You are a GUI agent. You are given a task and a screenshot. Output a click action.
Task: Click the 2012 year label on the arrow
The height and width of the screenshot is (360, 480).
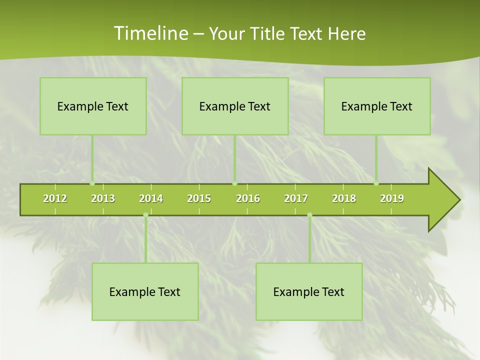pos(55,198)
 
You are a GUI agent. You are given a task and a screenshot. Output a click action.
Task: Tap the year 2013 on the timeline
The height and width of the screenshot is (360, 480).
pos(103,198)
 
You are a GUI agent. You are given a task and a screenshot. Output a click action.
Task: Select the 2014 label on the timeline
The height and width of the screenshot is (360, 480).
pos(151,198)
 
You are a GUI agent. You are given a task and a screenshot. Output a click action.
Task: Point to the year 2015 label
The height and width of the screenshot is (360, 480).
pos(199,198)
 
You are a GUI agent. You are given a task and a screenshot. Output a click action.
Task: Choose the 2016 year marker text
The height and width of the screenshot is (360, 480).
pos(248,198)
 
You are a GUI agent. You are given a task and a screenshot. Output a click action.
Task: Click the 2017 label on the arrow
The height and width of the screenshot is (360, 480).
pos(296,198)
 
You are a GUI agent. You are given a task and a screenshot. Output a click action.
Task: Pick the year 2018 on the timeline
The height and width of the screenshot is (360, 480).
pos(344,198)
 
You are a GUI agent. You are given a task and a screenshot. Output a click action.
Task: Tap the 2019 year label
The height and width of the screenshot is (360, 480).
pos(392,198)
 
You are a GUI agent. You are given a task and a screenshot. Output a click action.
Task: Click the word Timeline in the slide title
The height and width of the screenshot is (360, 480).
pos(149,33)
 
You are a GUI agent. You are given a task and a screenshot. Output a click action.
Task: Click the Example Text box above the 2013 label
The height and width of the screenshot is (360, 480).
pos(93,106)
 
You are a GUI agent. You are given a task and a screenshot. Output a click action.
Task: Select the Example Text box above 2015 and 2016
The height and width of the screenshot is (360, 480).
pos(235,106)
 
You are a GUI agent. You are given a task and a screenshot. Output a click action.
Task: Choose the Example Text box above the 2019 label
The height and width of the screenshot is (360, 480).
pos(377,106)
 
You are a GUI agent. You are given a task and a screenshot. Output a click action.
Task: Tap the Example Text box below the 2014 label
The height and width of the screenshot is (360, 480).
pos(145,291)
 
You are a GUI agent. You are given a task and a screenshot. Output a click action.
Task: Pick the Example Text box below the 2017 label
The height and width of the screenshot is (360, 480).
pos(309,291)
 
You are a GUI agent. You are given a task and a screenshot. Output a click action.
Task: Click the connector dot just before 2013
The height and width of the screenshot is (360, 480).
pos(92,183)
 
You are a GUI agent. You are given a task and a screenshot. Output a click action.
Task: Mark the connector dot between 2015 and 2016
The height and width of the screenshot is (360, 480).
pos(235,183)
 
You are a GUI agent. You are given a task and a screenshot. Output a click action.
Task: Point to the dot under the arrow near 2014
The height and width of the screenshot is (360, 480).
pos(145,215)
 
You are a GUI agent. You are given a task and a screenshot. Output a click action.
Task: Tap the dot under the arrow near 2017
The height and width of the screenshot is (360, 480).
pos(309,215)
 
